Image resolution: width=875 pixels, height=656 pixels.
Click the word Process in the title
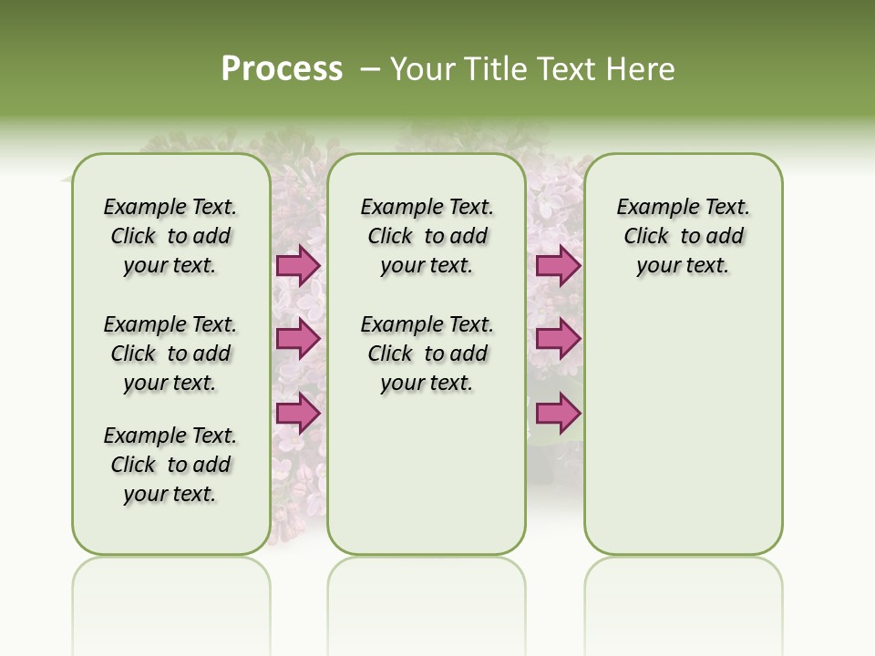click(282, 69)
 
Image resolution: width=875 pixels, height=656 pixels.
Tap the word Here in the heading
click(643, 69)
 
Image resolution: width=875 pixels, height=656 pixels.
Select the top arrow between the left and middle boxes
click(298, 265)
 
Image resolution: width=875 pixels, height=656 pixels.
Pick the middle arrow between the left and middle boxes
click(298, 339)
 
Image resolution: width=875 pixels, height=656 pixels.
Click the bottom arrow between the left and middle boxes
click(298, 413)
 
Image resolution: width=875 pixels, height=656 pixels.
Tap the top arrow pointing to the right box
click(558, 265)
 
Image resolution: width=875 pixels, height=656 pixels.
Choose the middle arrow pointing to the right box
click(558, 339)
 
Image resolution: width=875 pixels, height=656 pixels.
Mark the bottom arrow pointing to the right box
click(558, 413)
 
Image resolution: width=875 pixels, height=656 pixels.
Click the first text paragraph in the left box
click(170, 236)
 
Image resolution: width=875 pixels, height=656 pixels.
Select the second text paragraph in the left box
click(170, 354)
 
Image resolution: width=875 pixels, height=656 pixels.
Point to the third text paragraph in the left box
click(170, 465)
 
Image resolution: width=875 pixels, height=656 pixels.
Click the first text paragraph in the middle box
click(427, 236)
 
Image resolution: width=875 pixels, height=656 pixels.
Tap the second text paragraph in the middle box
click(427, 354)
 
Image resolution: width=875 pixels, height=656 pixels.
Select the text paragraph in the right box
click(684, 236)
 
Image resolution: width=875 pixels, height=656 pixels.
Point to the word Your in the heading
click(423, 69)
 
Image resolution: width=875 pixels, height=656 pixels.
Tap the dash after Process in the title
click(371, 69)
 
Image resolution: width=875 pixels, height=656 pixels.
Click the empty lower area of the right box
click(684, 437)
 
